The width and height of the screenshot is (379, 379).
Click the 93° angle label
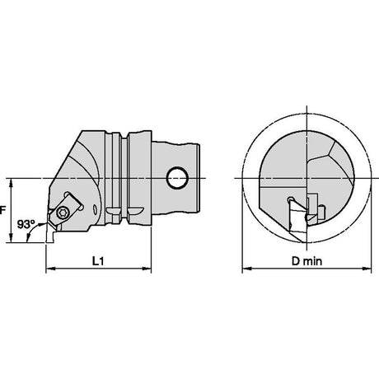click(x=26, y=224)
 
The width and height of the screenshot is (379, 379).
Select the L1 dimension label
click(x=98, y=261)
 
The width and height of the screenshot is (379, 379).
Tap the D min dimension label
click(x=306, y=261)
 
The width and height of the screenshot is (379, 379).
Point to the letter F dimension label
click(x=2, y=211)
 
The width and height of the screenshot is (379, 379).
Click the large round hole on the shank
click(x=177, y=178)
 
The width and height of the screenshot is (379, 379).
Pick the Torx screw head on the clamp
click(x=61, y=212)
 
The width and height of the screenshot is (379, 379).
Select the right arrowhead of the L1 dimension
click(x=147, y=269)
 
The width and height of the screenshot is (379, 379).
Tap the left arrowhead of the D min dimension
click(x=247, y=269)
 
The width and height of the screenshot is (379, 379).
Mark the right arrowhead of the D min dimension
click(x=367, y=269)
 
